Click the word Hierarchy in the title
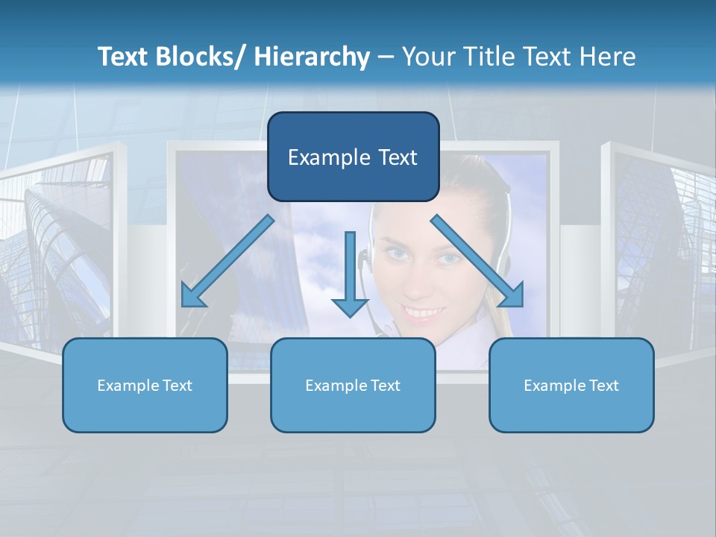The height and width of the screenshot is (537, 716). [312, 57]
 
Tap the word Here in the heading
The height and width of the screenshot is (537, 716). [608, 57]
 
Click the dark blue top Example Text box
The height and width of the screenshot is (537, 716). [353, 157]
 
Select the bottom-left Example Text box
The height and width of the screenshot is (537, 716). [145, 385]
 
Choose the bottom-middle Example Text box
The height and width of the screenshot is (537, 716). [353, 385]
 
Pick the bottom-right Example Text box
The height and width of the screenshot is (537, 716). [571, 385]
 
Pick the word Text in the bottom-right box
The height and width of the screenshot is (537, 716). [603, 386]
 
